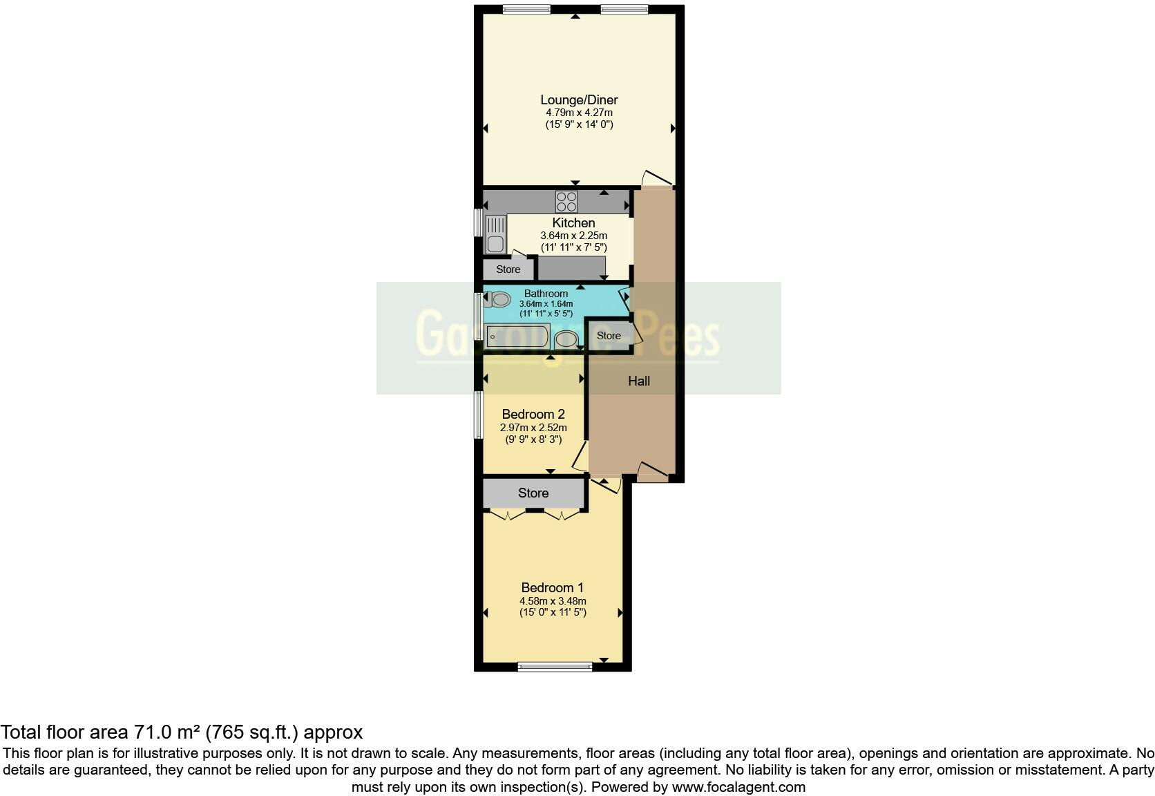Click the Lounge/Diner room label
point(579,99)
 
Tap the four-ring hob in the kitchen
point(566,202)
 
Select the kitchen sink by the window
point(495,234)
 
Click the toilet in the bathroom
point(498,300)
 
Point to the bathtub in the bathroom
point(517,337)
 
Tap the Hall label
point(638,381)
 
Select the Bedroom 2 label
point(533,414)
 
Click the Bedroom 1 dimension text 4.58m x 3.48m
point(553,601)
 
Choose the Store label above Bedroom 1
point(533,493)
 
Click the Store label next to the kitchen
point(508,269)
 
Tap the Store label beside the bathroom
point(609,336)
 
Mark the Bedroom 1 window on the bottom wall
point(555,667)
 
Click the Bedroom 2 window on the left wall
point(478,415)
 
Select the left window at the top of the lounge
point(526,9)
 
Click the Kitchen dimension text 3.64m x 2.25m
point(573,236)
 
